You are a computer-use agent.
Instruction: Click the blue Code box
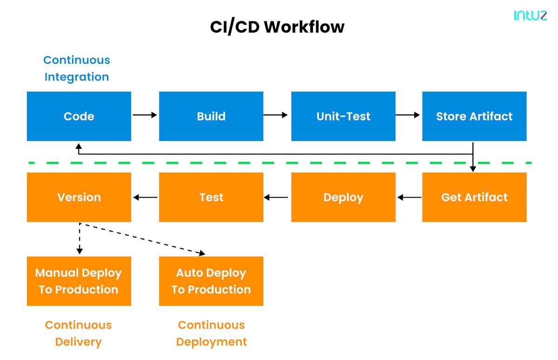click(x=79, y=116)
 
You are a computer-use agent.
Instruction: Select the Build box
click(x=211, y=116)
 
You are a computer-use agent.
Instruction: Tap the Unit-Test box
click(x=343, y=116)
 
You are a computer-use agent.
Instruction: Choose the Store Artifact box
click(x=474, y=116)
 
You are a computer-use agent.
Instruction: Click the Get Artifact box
click(x=474, y=197)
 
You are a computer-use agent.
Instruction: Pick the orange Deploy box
click(x=343, y=197)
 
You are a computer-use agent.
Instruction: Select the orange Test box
click(x=211, y=197)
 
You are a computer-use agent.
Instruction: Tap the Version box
click(x=79, y=197)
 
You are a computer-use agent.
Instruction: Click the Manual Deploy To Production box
click(x=79, y=281)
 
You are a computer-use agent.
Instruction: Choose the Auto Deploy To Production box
click(x=211, y=281)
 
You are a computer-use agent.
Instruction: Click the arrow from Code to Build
click(x=145, y=114)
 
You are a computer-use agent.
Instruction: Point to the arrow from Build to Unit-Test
click(x=276, y=114)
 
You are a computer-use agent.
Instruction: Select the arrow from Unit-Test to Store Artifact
click(x=408, y=114)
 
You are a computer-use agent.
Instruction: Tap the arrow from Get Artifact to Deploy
click(x=409, y=198)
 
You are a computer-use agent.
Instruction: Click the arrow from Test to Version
click(x=145, y=198)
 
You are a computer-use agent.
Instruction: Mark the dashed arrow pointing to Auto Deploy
click(x=144, y=239)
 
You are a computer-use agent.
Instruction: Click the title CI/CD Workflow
click(x=277, y=27)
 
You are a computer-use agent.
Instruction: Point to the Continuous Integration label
click(x=77, y=68)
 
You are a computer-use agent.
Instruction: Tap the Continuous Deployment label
click(x=211, y=333)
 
